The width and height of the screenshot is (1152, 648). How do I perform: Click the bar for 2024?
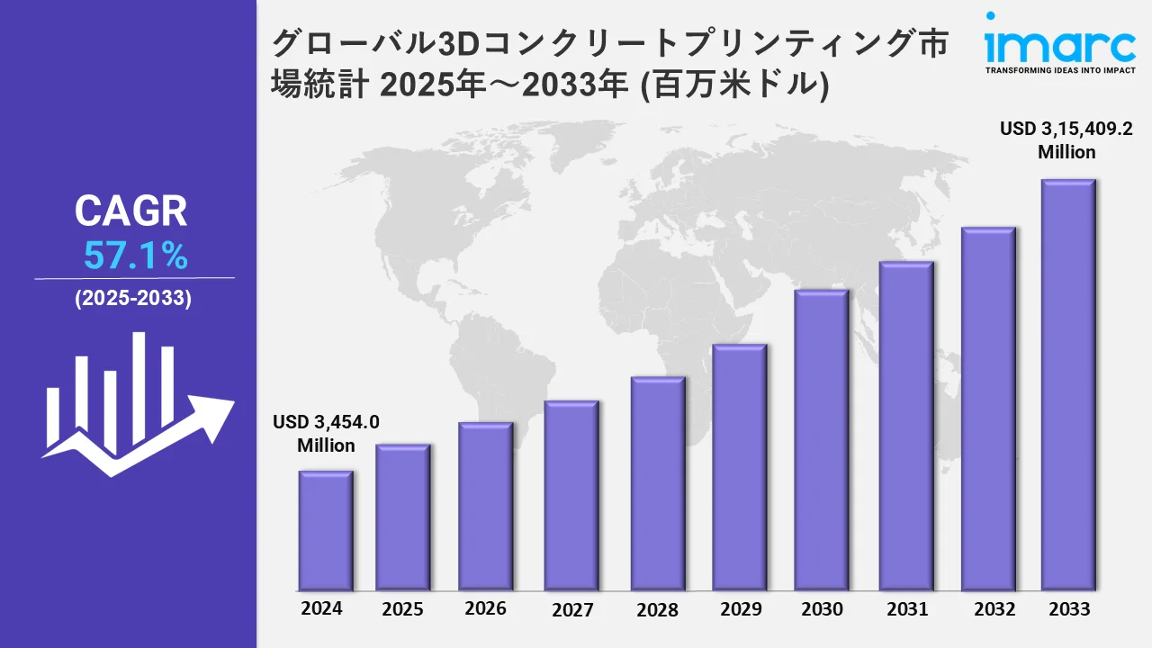point(326,530)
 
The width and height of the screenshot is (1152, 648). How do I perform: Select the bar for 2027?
point(571,495)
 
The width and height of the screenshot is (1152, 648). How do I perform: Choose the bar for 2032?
point(987,409)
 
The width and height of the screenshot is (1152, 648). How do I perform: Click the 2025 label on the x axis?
point(402,609)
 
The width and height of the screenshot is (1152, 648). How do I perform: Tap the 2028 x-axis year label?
point(657,609)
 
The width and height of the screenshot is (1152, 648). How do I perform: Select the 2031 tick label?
point(906,609)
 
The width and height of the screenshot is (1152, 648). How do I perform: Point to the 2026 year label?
point(485,608)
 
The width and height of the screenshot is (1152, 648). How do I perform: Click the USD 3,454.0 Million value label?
point(326,433)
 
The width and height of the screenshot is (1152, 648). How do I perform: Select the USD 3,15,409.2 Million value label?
point(1066,140)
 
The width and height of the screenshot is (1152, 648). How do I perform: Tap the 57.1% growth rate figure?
point(135,257)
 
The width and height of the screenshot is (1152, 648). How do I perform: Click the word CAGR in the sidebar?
point(131,211)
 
